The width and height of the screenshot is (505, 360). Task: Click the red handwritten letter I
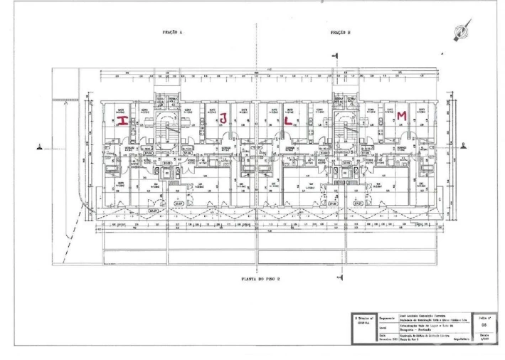pyautogui.click(x=122, y=122)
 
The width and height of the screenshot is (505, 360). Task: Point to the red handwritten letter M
pyautogui.click(x=402, y=115)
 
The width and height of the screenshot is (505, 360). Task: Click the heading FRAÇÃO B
pyautogui.click(x=341, y=33)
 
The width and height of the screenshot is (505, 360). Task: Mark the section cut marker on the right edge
pyautogui.click(x=463, y=147)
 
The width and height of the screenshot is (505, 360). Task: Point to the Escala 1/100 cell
pyautogui.click(x=484, y=337)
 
